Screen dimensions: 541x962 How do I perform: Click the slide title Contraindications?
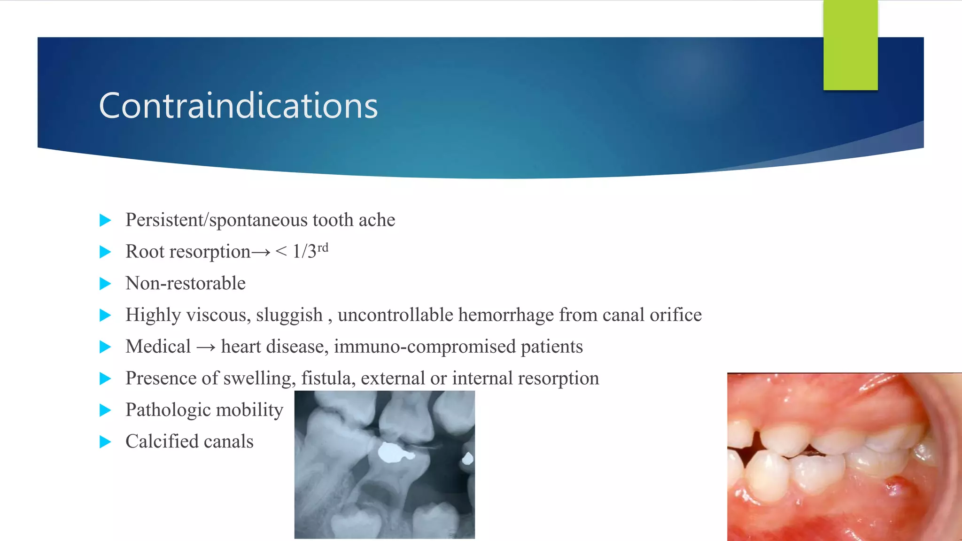point(238,106)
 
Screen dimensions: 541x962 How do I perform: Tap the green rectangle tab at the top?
point(850,45)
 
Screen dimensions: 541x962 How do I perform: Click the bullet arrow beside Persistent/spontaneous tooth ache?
point(105,220)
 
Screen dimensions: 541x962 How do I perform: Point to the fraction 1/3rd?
point(310,251)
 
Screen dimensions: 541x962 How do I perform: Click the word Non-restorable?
point(186,284)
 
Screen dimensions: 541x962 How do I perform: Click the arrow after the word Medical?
point(206,348)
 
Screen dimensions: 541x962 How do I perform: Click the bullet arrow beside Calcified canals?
point(105,442)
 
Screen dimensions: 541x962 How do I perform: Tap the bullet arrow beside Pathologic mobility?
point(105,410)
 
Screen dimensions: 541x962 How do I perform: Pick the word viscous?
point(218,315)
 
